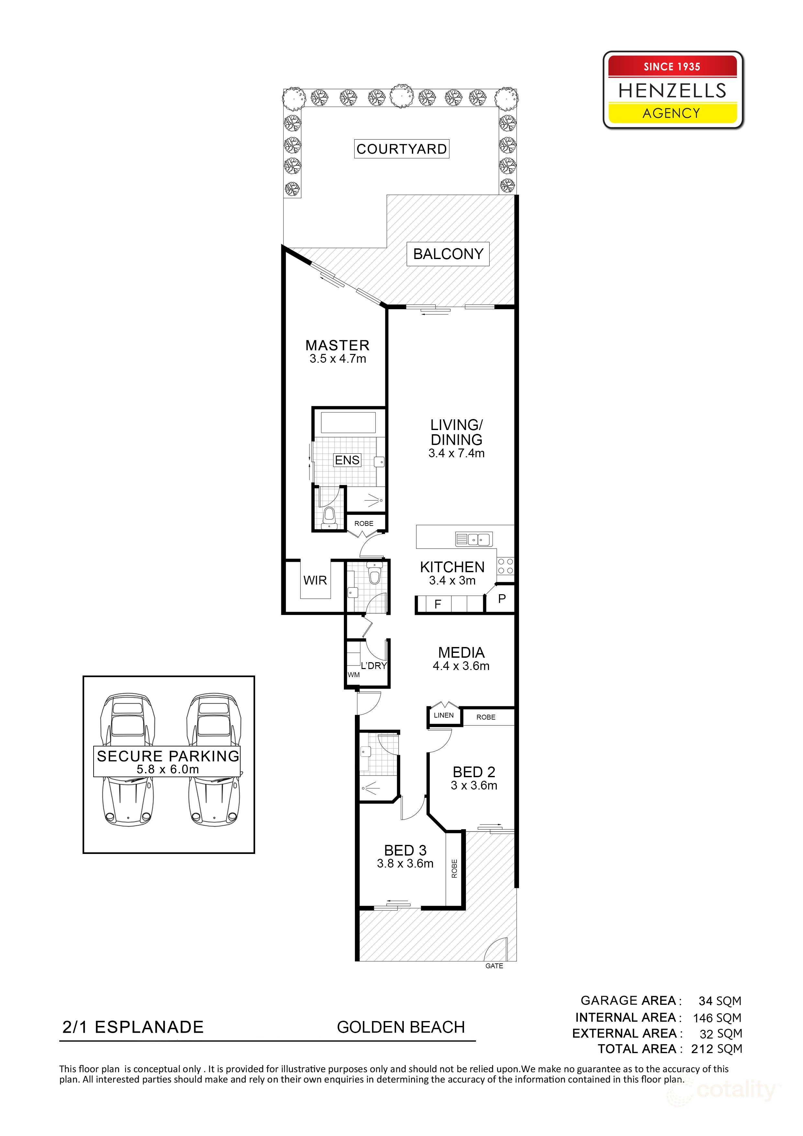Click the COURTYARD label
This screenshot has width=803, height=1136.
click(x=401, y=149)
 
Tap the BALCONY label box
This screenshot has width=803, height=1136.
click(x=448, y=254)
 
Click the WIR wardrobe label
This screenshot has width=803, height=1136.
click(x=315, y=580)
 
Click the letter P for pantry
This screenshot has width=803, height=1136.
click(x=502, y=599)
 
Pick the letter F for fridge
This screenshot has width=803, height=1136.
click(x=437, y=604)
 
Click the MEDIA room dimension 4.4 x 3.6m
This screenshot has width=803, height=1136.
click(x=461, y=666)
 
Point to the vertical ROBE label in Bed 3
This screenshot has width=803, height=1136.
click(x=454, y=869)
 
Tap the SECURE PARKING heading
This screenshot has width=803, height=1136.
click(x=168, y=756)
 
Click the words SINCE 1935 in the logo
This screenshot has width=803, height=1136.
click(x=672, y=67)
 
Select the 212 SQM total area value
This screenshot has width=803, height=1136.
click(x=717, y=1049)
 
